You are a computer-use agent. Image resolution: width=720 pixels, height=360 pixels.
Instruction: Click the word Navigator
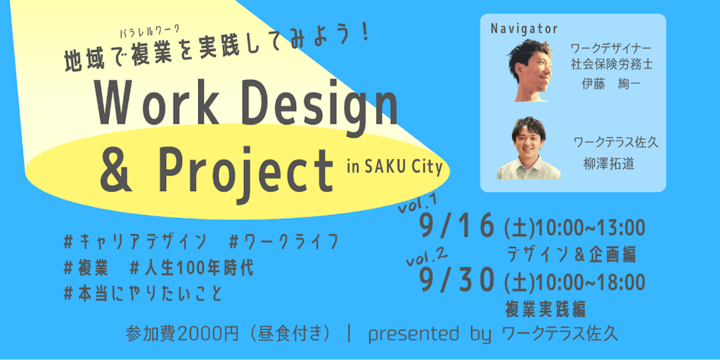coord(523,28)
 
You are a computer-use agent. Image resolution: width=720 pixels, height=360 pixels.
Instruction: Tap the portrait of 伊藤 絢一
coord(532,70)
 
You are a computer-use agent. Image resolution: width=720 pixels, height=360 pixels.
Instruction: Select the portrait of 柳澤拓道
coord(528,148)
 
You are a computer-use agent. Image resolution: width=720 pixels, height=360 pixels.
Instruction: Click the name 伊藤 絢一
coord(611,84)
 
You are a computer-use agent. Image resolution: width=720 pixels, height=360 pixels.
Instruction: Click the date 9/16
coord(457,226)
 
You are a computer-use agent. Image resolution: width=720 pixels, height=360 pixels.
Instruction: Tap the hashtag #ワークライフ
coord(283,243)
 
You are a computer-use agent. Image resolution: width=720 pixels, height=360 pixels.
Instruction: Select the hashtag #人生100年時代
coord(191,269)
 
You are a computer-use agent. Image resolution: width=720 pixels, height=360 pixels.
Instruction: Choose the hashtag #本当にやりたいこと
coord(143,295)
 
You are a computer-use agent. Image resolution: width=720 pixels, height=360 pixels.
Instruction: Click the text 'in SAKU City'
coord(394,167)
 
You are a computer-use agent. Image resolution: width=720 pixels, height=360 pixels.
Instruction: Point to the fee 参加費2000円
coord(182,334)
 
